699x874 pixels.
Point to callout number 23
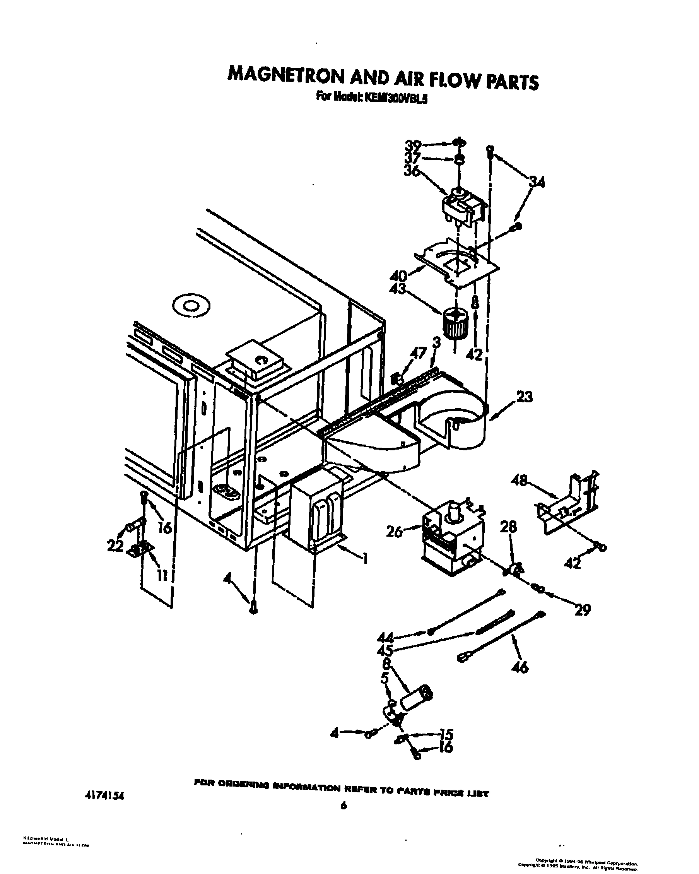tap(525, 397)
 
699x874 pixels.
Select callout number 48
tap(519, 481)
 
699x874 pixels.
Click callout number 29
tap(582, 609)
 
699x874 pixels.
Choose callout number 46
tap(520, 667)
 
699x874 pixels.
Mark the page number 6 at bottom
tap(344, 818)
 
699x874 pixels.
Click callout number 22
tap(115, 546)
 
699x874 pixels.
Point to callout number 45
tap(385, 651)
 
